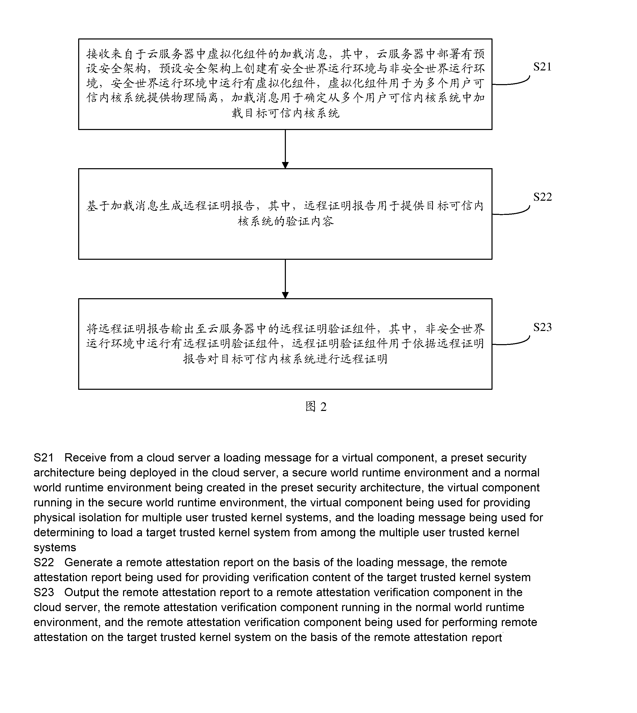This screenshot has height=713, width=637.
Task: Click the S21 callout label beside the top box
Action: coord(542,67)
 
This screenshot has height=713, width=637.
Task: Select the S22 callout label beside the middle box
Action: coord(542,197)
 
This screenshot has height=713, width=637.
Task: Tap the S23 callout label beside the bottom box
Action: coord(542,327)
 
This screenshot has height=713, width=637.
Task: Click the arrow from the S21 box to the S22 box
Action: coord(285,149)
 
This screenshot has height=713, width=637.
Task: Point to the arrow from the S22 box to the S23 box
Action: coord(285,279)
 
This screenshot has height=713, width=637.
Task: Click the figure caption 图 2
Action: coord(316,406)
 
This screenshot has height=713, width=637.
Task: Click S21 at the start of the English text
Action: coord(44,458)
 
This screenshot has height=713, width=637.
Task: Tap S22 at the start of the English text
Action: coord(44,562)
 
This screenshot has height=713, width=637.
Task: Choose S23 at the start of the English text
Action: coord(44,592)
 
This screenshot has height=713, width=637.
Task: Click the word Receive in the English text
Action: coord(85,458)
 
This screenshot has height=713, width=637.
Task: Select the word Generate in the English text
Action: coord(89,562)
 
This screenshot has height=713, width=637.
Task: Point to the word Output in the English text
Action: coord(82,592)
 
